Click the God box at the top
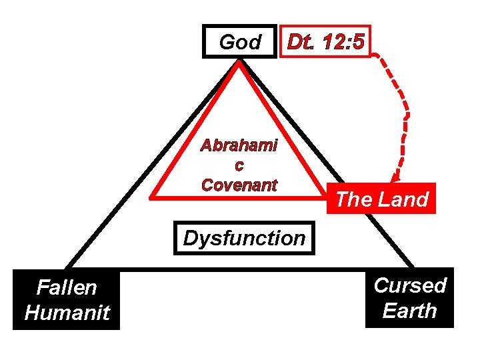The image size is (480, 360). pos(239,43)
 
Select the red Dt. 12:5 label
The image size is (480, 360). pos(325,43)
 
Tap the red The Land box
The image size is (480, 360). pos(381,199)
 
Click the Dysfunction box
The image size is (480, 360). pos(244,237)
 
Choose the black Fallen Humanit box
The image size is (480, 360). pos(67,300)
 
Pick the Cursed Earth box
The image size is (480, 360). pos(409,298)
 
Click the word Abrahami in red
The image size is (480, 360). pos(239,145)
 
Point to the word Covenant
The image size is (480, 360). pos(239,185)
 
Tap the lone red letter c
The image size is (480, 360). pos(239,165)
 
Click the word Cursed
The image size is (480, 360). pos(409,285)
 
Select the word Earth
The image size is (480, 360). pos(409,311)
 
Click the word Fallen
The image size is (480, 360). pos(67,288)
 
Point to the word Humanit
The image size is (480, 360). pos(67,313)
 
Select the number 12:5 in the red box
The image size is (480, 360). pos(343,43)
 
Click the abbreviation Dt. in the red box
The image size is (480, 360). pos(300,43)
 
